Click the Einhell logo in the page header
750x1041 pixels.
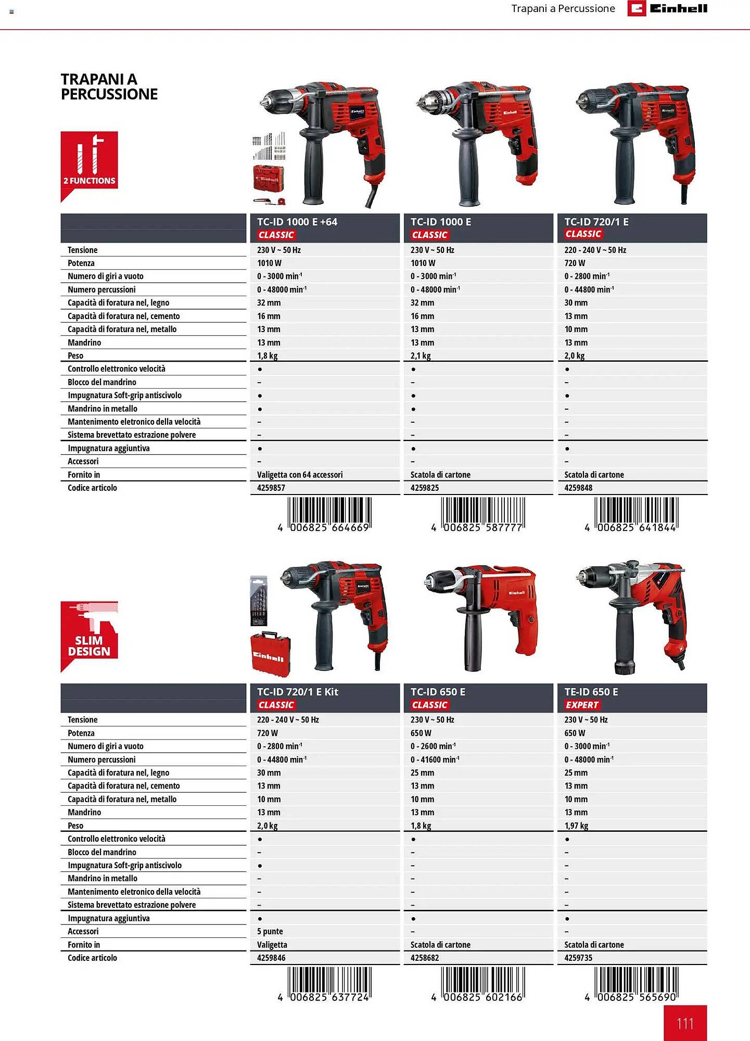click(667, 8)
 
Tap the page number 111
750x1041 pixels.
click(685, 1023)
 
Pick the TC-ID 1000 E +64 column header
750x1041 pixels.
click(297, 222)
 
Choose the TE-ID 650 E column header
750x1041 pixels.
click(591, 692)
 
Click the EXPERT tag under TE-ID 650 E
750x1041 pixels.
click(582, 705)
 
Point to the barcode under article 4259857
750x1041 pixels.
click(329, 513)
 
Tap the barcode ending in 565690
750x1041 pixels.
click(636, 983)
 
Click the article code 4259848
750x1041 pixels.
click(578, 488)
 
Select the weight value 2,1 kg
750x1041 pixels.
click(421, 356)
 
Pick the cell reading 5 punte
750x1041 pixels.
click(270, 931)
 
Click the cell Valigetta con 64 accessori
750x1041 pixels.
click(300, 475)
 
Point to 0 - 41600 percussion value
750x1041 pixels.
click(435, 759)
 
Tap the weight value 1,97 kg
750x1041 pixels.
click(576, 826)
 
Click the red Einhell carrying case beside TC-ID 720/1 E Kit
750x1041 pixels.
click(270, 654)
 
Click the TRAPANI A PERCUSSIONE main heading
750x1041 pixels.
click(109, 87)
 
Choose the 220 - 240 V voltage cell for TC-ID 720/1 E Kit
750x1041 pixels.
click(288, 720)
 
